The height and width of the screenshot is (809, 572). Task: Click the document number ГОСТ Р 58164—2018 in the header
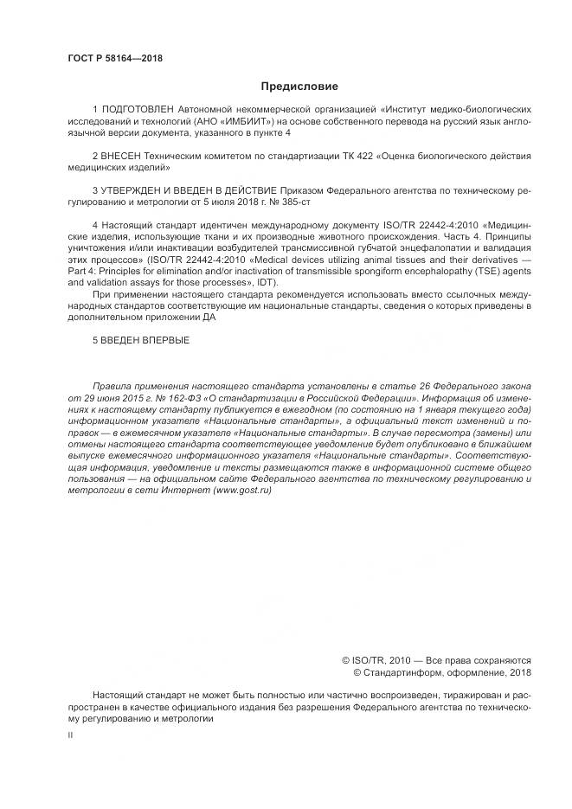[114, 59]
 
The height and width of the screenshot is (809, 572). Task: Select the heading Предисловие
[299, 87]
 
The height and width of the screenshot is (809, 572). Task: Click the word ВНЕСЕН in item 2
[123, 157]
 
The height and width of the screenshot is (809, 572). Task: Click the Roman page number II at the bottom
[70, 735]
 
